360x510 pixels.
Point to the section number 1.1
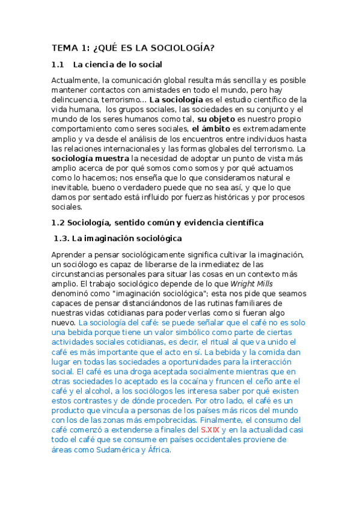tap(58, 64)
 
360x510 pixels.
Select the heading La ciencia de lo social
tap(118, 64)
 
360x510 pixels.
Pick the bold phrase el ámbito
tap(211, 128)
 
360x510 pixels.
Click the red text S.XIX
tap(210, 430)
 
